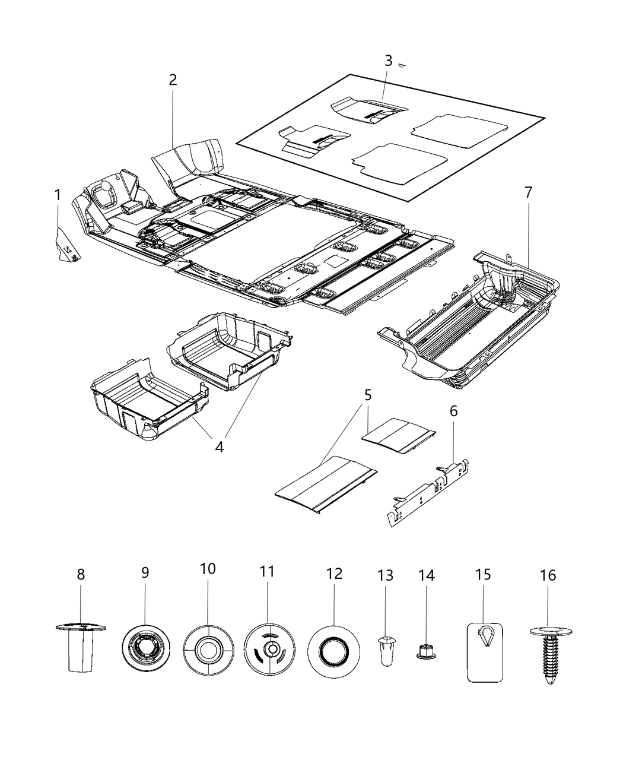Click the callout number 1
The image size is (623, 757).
click(x=58, y=195)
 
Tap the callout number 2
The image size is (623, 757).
click(x=173, y=80)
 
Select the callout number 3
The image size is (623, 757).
click(x=388, y=61)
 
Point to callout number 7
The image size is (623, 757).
click(x=528, y=192)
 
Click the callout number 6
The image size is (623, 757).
click(x=454, y=411)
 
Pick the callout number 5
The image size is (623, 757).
click(x=368, y=394)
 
